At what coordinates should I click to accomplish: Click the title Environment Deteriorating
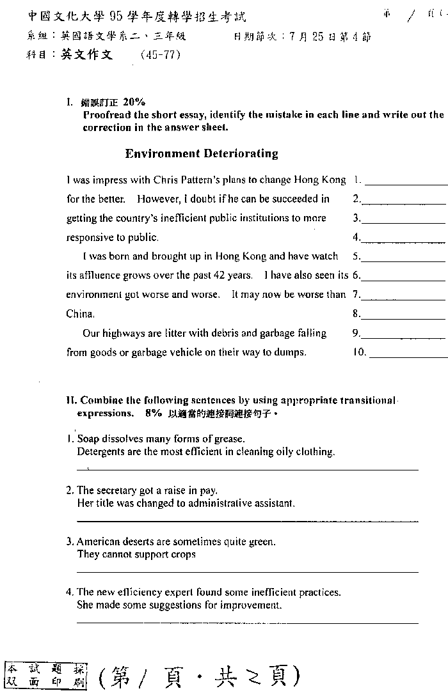click(x=202, y=153)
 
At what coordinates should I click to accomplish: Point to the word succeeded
click(x=299, y=199)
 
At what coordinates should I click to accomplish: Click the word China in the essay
click(x=80, y=314)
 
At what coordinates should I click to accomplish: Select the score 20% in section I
click(x=134, y=102)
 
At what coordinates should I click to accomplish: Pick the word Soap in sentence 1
click(x=88, y=439)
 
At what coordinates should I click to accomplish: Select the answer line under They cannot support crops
click(x=247, y=571)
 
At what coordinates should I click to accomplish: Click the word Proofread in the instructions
click(x=106, y=115)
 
